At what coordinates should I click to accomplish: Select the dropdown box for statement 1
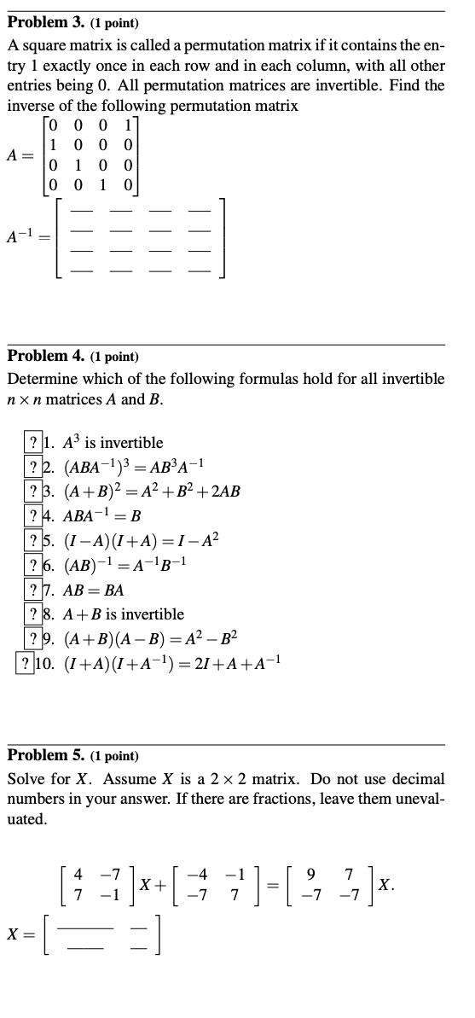(x=33, y=443)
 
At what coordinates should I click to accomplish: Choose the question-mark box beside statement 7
(x=33, y=592)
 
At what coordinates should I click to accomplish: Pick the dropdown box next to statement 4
(x=33, y=517)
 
